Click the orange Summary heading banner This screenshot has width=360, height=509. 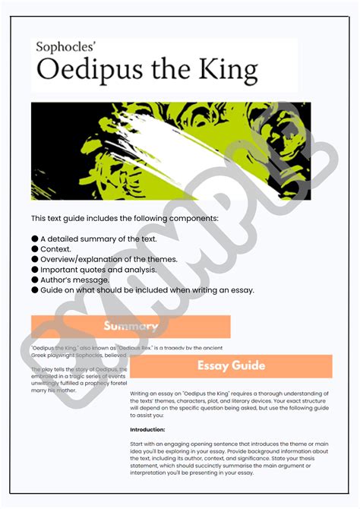(131, 327)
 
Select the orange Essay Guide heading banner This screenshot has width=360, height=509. (231, 365)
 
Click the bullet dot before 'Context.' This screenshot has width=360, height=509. (35, 249)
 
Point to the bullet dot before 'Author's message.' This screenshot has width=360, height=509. (35, 279)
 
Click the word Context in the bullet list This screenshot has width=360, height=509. (56, 249)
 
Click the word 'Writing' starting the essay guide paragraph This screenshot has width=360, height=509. (141, 393)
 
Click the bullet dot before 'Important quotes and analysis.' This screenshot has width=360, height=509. (35, 269)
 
